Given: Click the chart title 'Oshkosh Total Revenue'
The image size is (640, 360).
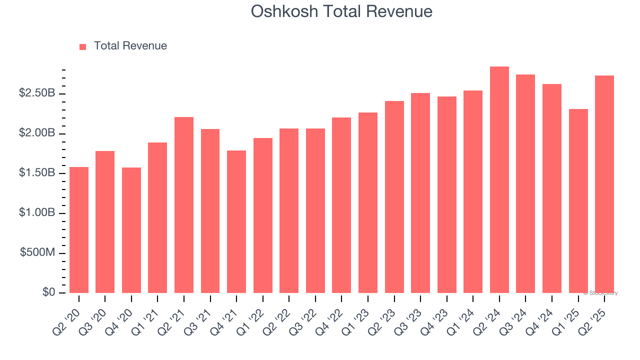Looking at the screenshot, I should click(341, 11).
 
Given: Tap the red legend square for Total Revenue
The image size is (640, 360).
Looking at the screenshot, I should click(83, 46).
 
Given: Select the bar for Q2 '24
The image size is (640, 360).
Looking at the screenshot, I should click(499, 180).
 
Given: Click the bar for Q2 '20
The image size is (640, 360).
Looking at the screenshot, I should click(79, 230).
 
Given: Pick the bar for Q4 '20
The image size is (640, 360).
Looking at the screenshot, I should click(131, 230).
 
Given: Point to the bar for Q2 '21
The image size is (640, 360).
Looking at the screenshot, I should click(184, 205).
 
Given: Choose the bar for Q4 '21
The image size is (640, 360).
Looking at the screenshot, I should click(236, 221).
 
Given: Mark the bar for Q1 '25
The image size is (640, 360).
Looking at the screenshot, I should click(578, 201).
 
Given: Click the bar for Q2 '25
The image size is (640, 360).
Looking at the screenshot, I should click(604, 184).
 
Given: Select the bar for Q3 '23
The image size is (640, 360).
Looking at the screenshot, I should click(420, 193).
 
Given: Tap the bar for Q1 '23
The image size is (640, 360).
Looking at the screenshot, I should click(368, 202).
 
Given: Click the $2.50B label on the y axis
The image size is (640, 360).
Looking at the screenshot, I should click(37, 93).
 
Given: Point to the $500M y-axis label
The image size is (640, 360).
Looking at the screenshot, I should click(37, 253).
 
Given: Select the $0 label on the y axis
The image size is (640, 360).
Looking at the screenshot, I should click(48, 292).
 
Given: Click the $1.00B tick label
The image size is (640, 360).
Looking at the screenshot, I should click(37, 213).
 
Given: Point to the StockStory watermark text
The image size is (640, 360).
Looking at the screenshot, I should click(600, 293).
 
